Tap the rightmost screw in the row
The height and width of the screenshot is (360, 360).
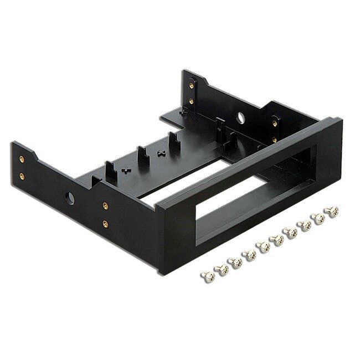click(x=333, y=211)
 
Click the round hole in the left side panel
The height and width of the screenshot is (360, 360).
click(x=70, y=197)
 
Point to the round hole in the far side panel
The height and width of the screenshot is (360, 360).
click(x=242, y=117)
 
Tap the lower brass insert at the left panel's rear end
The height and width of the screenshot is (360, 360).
click(x=21, y=176)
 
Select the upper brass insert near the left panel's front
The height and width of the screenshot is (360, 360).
click(x=104, y=205)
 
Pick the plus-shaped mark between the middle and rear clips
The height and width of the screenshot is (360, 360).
click(x=160, y=152)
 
